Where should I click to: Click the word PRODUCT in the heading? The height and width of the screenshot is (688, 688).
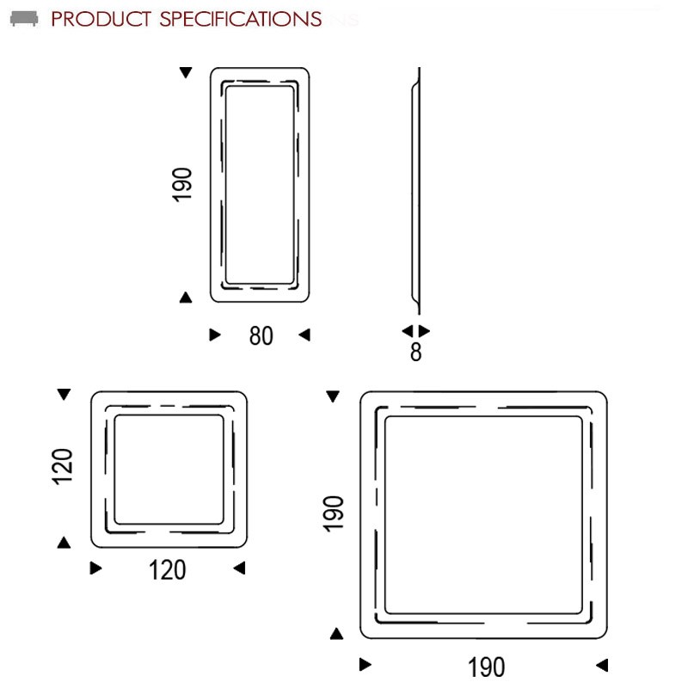point(101,19)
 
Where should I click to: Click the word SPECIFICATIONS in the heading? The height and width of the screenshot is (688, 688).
point(241,19)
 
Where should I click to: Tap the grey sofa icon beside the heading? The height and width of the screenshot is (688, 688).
point(24,19)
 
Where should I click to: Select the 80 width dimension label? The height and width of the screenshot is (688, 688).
point(261,335)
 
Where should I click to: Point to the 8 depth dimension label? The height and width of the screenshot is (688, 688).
point(416,352)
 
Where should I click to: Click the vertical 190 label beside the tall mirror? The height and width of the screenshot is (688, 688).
point(181,185)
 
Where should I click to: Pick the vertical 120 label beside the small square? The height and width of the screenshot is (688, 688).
point(62,466)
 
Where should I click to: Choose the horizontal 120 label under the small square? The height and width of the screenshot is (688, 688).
point(167,570)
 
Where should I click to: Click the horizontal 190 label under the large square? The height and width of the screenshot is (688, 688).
point(486,667)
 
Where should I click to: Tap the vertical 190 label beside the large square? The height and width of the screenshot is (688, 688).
point(333,513)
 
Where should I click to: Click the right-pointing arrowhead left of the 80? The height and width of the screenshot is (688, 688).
point(215,335)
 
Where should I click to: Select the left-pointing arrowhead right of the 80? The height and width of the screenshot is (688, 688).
point(304,335)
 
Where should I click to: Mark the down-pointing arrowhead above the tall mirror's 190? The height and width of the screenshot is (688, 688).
point(186,72)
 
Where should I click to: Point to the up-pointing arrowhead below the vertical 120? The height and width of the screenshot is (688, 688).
point(64,543)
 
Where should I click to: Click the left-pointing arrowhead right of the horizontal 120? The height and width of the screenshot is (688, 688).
point(239,568)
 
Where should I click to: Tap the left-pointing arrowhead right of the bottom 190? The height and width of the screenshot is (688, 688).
point(602,665)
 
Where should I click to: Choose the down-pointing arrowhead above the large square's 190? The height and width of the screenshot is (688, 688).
point(333,396)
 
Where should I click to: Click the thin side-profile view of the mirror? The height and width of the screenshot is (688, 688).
point(416,191)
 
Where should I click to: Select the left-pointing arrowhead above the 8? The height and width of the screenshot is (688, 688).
point(408,330)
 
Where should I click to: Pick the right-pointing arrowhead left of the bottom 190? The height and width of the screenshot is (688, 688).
point(365,664)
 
